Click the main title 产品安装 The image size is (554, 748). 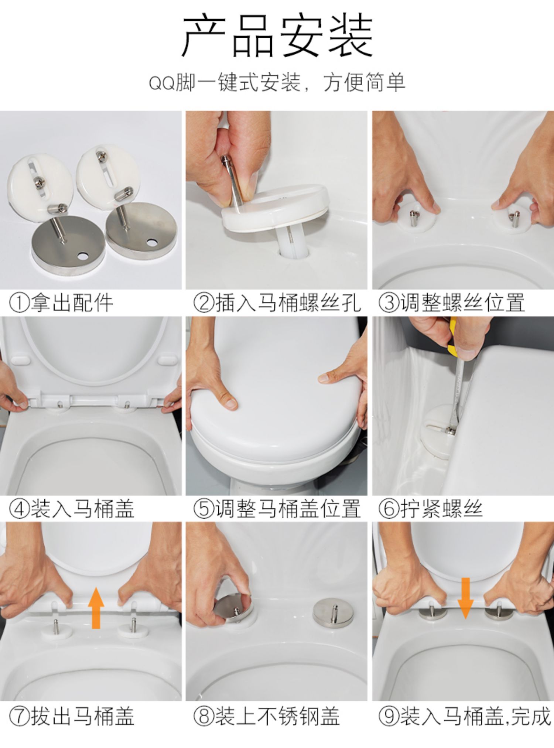tap(277, 36)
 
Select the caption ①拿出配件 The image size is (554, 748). tap(61, 303)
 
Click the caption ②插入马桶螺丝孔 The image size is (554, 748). tap(277, 303)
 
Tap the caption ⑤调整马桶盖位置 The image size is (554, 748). tap(277, 509)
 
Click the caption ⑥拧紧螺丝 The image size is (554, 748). tap(431, 509)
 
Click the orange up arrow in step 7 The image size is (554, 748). tap(96, 608)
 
